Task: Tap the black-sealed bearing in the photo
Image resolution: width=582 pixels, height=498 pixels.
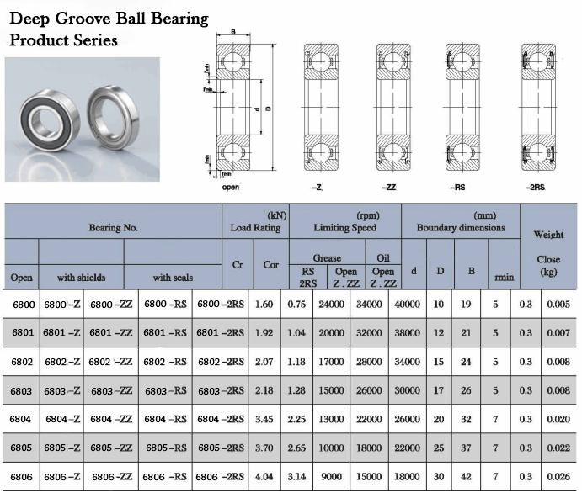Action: (50, 119)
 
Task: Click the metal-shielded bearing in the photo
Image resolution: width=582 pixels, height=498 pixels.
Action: (113, 117)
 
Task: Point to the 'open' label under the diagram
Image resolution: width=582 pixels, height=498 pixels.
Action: (230, 188)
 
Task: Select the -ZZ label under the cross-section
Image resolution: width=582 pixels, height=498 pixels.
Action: (389, 188)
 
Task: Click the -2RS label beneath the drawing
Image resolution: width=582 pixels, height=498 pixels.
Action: (535, 188)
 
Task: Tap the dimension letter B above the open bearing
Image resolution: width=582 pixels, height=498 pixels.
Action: (233, 32)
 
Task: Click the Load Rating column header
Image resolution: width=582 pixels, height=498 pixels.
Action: (255, 228)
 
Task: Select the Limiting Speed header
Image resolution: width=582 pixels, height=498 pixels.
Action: (344, 228)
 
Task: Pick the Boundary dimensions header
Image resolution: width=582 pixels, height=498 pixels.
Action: (461, 228)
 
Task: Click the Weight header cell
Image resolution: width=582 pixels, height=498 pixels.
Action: (548, 235)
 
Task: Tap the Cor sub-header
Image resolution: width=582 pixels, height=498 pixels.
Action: (271, 265)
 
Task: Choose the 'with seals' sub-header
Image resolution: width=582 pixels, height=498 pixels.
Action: (173, 278)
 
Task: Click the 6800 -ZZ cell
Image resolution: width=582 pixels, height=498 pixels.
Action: (111, 305)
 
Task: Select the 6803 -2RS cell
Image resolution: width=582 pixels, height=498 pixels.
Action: (221, 391)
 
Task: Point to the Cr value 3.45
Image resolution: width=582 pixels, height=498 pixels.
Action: (264, 420)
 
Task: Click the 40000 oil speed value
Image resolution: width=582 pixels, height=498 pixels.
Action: (407, 305)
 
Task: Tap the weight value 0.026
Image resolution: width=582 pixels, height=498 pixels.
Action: (558, 477)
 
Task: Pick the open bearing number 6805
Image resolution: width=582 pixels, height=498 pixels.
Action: (21, 448)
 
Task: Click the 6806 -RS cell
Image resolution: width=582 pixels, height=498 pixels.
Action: (165, 477)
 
